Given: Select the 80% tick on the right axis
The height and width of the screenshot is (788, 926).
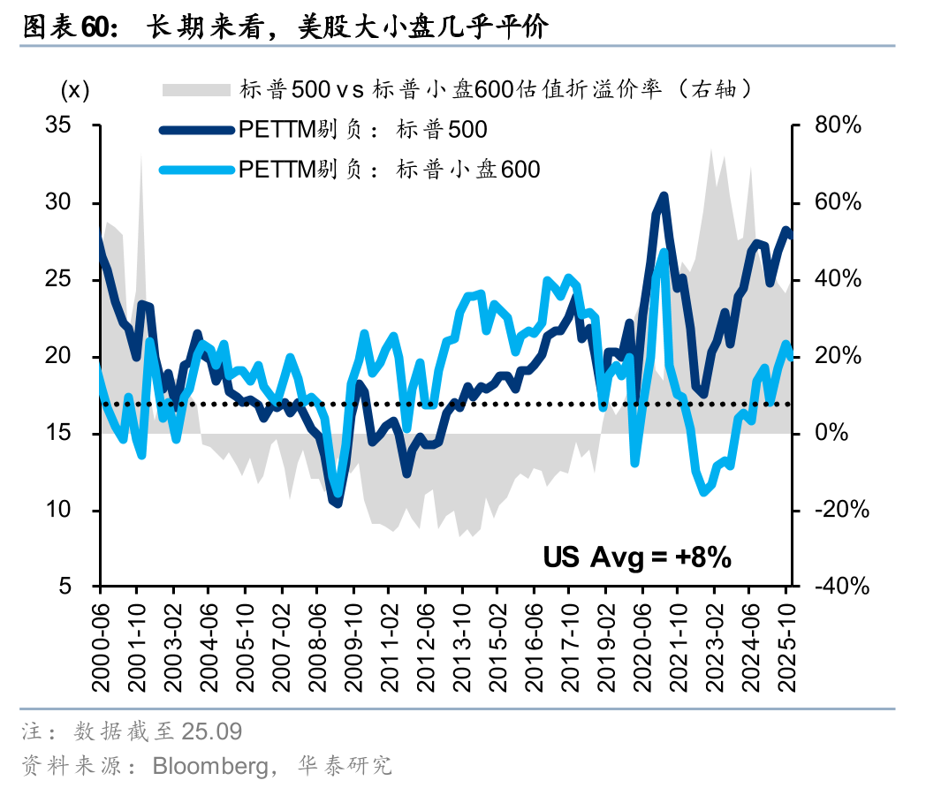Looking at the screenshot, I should coord(836,125).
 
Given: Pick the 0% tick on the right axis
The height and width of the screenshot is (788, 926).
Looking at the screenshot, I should coord(831,434).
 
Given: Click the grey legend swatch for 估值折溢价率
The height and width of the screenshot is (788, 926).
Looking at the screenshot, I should coord(195,88).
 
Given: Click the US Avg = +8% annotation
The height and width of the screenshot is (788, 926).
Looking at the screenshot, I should coord(636,557).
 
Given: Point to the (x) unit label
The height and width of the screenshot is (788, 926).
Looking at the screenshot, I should coord(75,89).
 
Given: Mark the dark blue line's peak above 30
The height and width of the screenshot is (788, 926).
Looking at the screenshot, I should coord(663,196).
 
